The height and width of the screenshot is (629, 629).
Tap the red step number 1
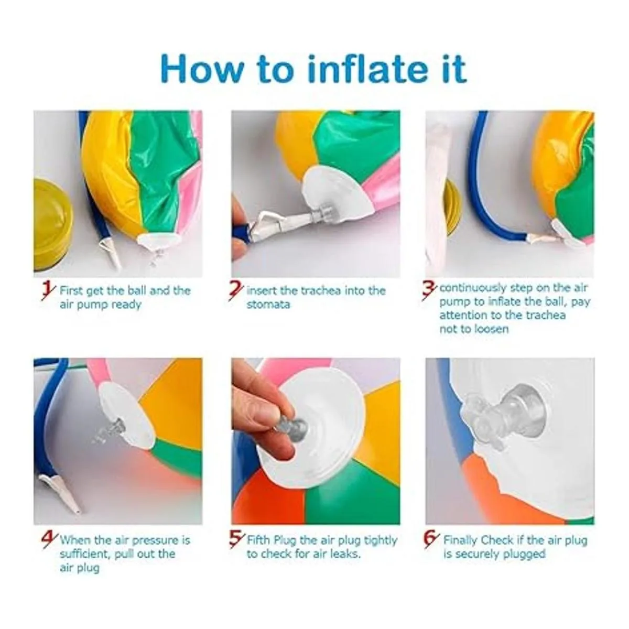pyautogui.click(x=48, y=292)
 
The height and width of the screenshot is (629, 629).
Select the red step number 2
pyautogui.click(x=236, y=291)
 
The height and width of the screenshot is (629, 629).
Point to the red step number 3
pyautogui.click(x=429, y=291)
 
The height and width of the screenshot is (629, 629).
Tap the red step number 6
pyautogui.click(x=430, y=541)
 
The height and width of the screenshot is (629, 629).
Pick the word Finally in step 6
pyautogui.click(x=459, y=540)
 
